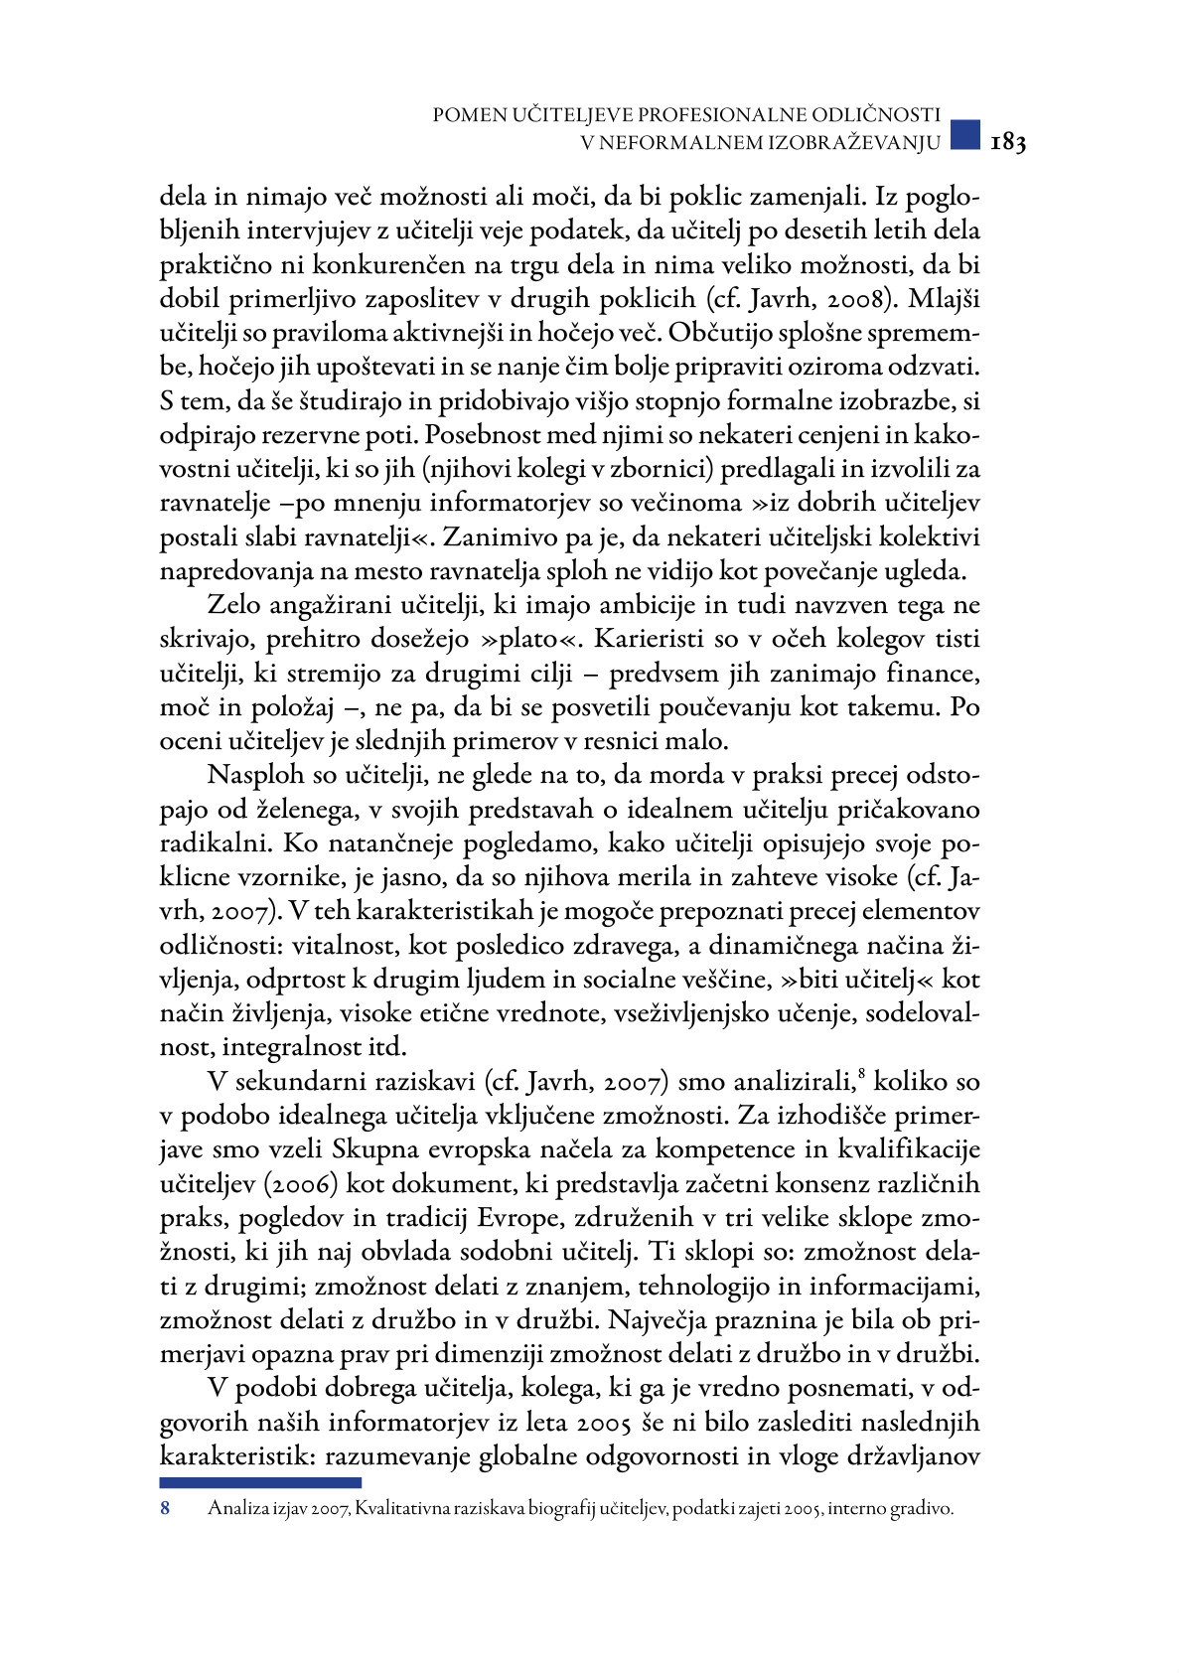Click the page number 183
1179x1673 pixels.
tap(1007, 143)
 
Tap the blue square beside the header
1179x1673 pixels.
tap(963, 136)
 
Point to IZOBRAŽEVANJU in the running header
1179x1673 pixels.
tap(854, 143)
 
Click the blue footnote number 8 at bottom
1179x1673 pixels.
tap(165, 1509)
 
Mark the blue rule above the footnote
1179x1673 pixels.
tap(260, 1482)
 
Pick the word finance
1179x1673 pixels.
tap(933, 674)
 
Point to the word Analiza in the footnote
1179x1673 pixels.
tap(236, 1509)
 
